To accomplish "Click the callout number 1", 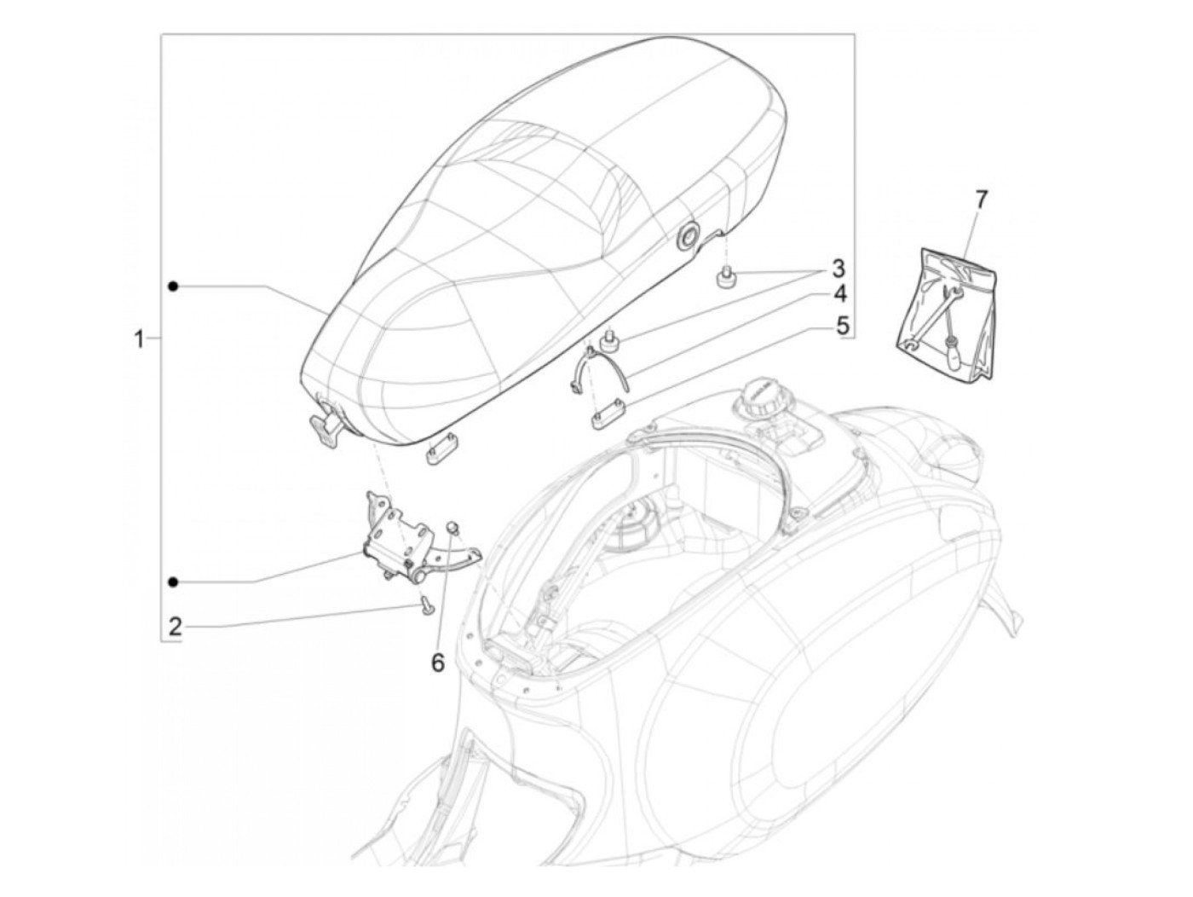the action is coord(140,340).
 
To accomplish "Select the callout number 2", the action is coord(175,628).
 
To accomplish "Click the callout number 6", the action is coord(437,663).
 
